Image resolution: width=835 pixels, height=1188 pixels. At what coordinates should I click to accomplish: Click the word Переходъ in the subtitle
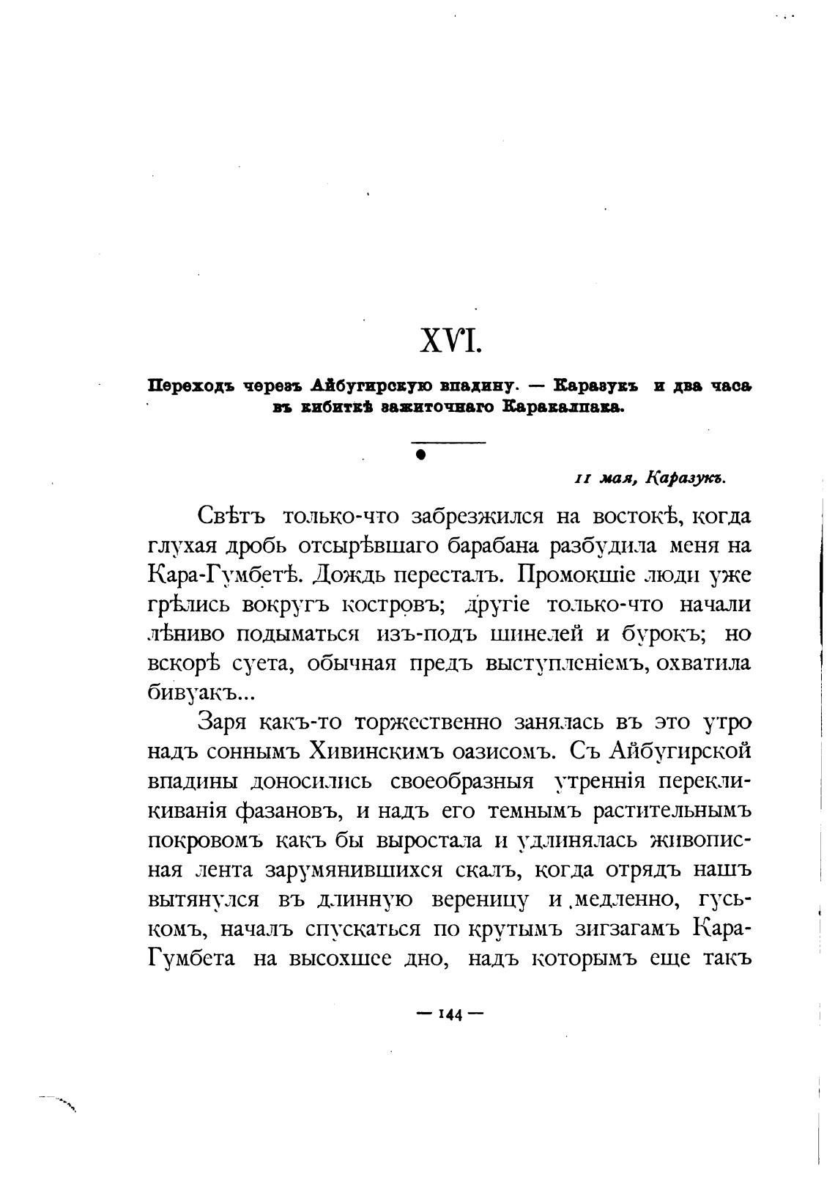click(x=192, y=385)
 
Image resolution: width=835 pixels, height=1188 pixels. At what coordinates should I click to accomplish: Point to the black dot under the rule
click(x=420, y=454)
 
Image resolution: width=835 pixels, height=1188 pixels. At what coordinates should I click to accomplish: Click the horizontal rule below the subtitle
click(x=448, y=443)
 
